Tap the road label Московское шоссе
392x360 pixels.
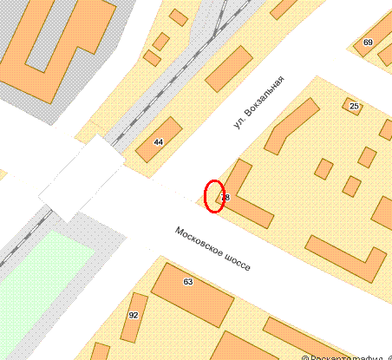[212, 249]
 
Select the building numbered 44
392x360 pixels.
[160, 139]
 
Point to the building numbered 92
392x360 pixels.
[134, 316]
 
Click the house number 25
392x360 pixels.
[353, 106]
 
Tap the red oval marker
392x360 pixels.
[214, 195]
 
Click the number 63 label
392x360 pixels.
[188, 282]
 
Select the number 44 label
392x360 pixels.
[158, 141]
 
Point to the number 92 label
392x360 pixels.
[133, 315]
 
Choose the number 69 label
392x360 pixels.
[368, 43]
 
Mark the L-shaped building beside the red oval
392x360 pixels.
[252, 204]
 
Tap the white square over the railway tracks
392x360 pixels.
[83, 178]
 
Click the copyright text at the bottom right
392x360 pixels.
[347, 356]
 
